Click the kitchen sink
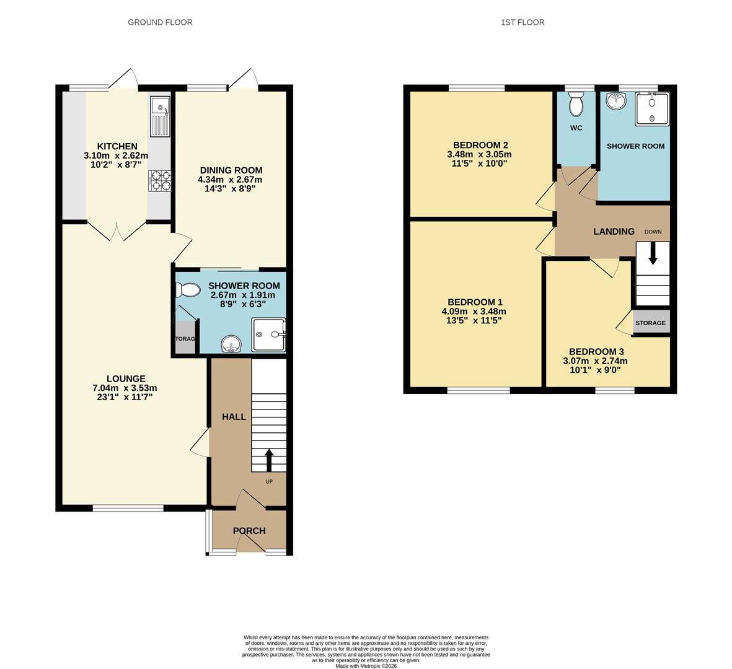[160, 117]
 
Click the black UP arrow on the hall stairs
[269, 460]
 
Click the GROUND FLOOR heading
[160, 22]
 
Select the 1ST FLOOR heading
[523, 22]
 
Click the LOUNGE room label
[126, 379]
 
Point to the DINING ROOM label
[231, 170]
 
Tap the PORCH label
[249, 531]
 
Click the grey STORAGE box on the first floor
[650, 323]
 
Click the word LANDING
[614, 232]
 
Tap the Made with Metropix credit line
[366, 666]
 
